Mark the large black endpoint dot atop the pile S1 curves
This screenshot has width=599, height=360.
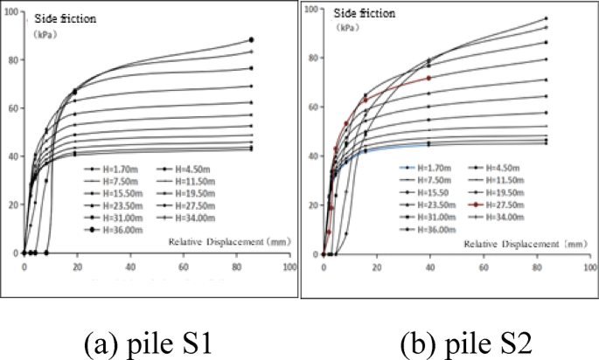(252, 40)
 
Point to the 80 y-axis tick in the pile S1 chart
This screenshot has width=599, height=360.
(13, 60)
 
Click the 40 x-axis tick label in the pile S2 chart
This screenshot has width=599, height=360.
(429, 266)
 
